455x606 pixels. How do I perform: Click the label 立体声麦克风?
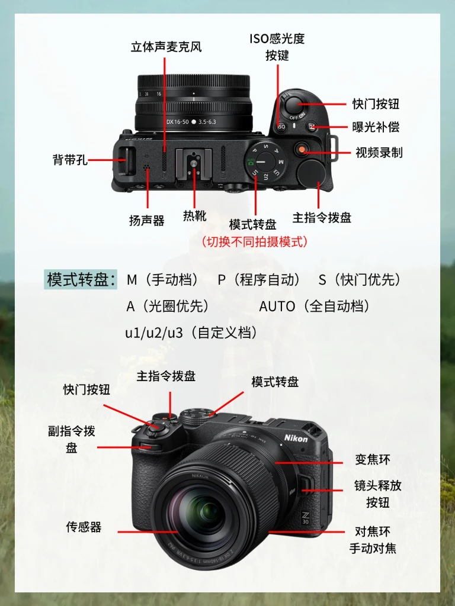tap(166, 47)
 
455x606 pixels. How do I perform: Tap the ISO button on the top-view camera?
tap(281, 127)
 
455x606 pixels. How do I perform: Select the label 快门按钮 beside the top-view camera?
tap(376, 104)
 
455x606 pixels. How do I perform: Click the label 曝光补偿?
tap(376, 127)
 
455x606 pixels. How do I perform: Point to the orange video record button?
tap(302, 149)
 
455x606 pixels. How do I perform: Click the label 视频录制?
tap(379, 152)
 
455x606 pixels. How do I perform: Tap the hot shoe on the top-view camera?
tap(194, 165)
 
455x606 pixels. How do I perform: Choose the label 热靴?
tap(194, 215)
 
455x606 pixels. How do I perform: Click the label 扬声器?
tap(147, 220)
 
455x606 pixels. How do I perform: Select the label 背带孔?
tap(70, 159)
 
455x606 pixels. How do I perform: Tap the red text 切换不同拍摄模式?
tap(255, 241)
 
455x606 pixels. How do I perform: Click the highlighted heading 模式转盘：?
tap(81, 279)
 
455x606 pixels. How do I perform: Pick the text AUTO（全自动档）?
tap(314, 306)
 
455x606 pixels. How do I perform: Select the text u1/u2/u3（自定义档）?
tap(191, 333)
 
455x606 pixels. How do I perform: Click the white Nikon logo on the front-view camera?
tap(296, 439)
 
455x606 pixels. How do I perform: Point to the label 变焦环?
tap(373, 459)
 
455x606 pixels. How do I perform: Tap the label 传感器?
tap(84, 527)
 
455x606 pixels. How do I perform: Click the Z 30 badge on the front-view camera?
tap(306, 517)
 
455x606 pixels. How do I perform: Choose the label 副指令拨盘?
tap(72, 440)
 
